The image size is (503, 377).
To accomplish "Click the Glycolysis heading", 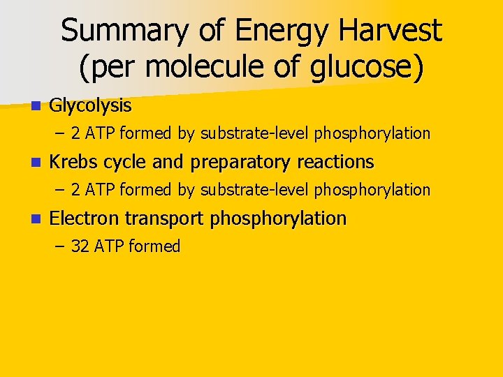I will (x=90, y=106).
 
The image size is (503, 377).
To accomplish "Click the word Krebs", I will (x=74, y=163).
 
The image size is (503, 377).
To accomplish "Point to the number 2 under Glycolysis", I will (x=75, y=133).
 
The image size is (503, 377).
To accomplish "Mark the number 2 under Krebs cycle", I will (x=75, y=190).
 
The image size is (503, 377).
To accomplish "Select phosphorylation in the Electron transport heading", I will (x=278, y=219).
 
